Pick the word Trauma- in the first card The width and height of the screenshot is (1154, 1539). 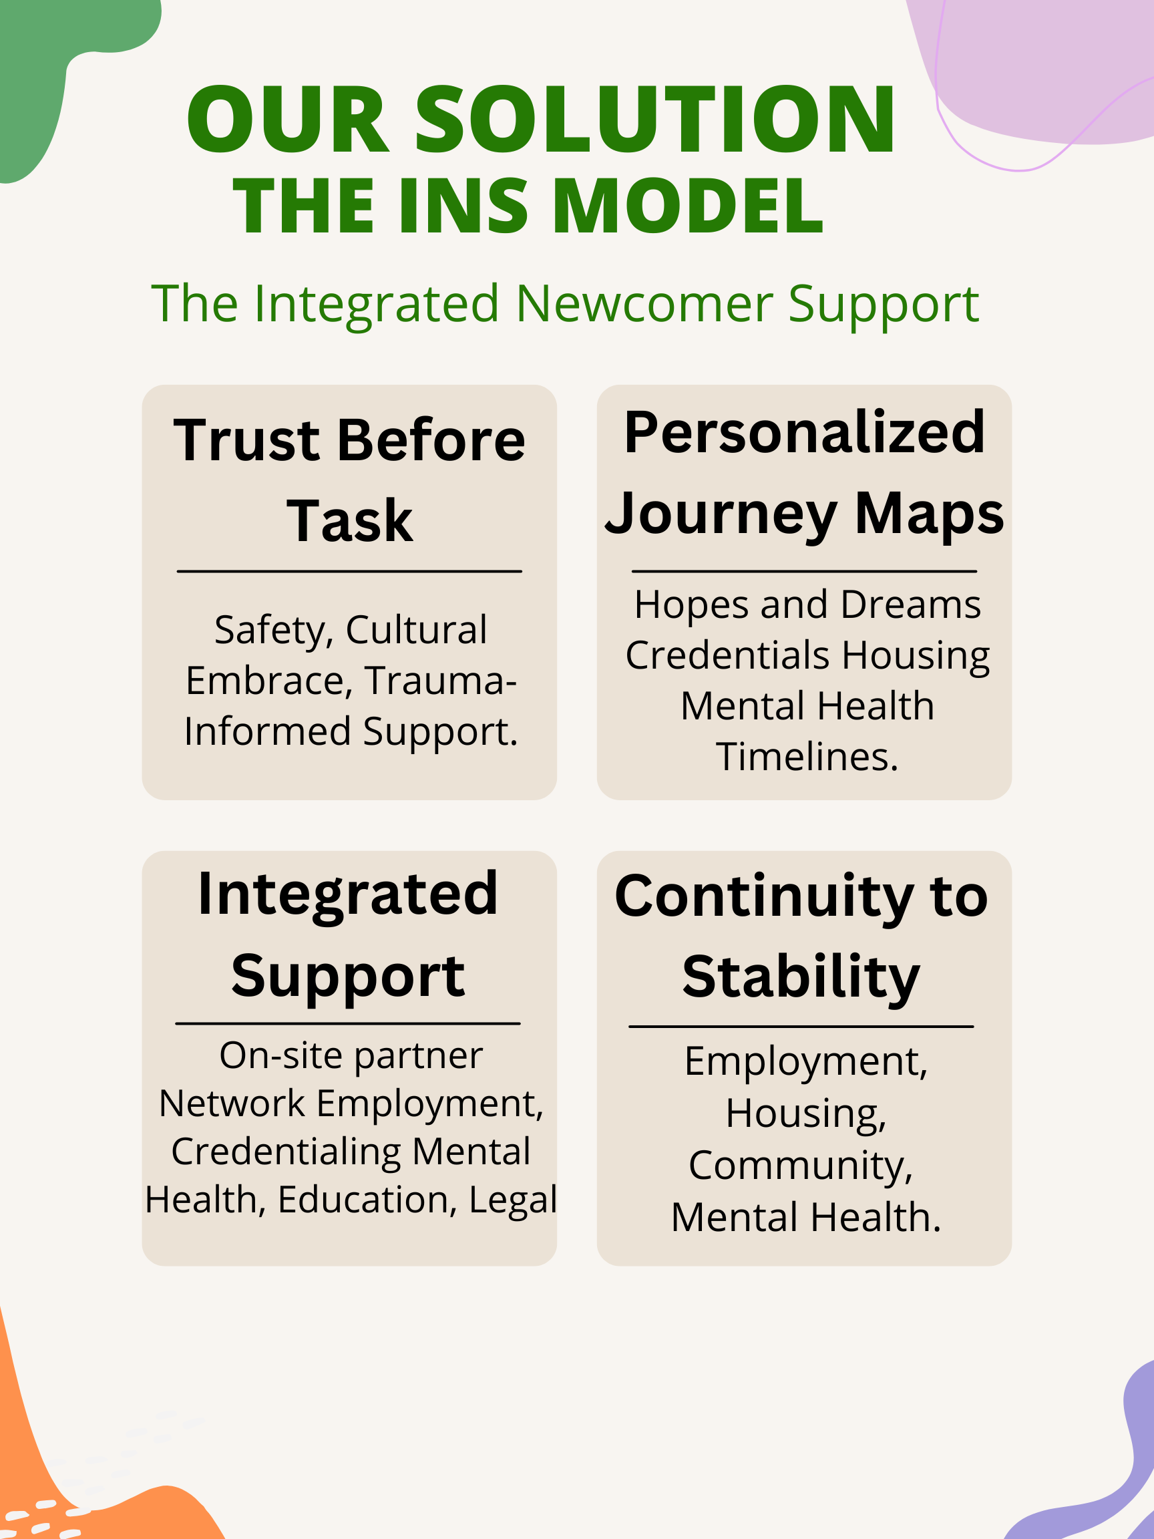pyautogui.click(x=440, y=681)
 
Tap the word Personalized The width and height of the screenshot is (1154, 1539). pyautogui.click(x=804, y=433)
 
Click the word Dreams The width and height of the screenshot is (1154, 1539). pyautogui.click(x=910, y=605)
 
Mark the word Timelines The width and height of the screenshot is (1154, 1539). pyautogui.click(x=807, y=757)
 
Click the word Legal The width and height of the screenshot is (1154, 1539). pyautogui.click(x=513, y=1200)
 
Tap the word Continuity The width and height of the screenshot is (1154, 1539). pyautogui.click(x=763, y=897)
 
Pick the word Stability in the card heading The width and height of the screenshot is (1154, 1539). pyautogui.click(x=801, y=977)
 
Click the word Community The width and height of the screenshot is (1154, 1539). pyautogui.click(x=800, y=1166)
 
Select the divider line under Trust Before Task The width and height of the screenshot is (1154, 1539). pyautogui.click(x=349, y=571)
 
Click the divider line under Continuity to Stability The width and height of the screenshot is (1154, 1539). pyautogui.click(x=801, y=1026)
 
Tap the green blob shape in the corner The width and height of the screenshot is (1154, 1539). pyautogui.click(x=41, y=69)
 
